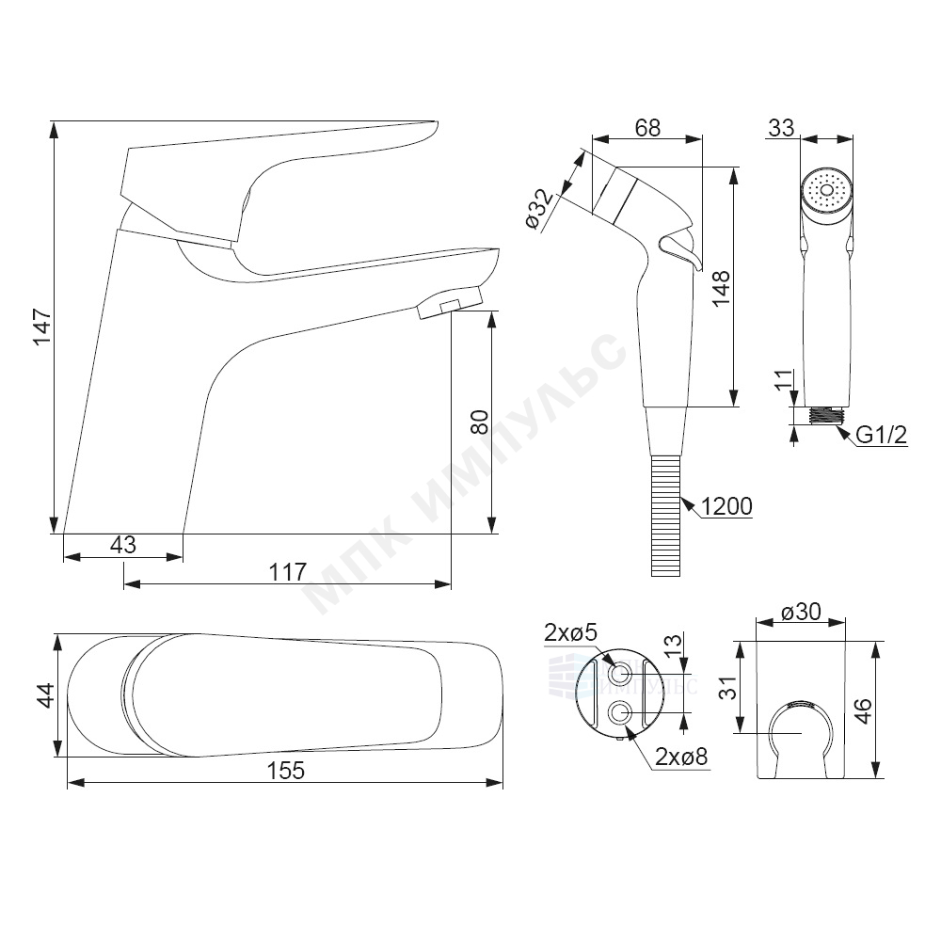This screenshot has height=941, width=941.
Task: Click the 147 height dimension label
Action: pyautogui.click(x=41, y=327)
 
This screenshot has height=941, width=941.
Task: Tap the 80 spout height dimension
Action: pyautogui.click(x=480, y=422)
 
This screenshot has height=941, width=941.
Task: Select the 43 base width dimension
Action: pyautogui.click(x=123, y=544)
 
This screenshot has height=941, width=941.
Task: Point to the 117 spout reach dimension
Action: pyautogui.click(x=287, y=571)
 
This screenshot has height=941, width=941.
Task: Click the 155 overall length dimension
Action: pyautogui.click(x=286, y=771)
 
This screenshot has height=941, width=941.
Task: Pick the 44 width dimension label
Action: pyautogui.click(x=46, y=695)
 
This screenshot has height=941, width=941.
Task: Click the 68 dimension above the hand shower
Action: pyautogui.click(x=647, y=127)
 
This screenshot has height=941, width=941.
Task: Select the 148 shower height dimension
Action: pyautogui.click(x=721, y=288)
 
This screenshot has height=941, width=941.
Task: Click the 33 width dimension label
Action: pyautogui.click(x=781, y=127)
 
